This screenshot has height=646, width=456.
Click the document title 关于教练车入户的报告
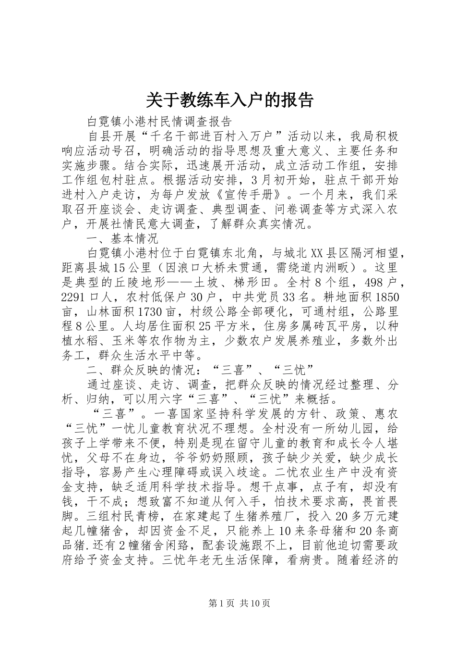(x=228, y=99)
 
